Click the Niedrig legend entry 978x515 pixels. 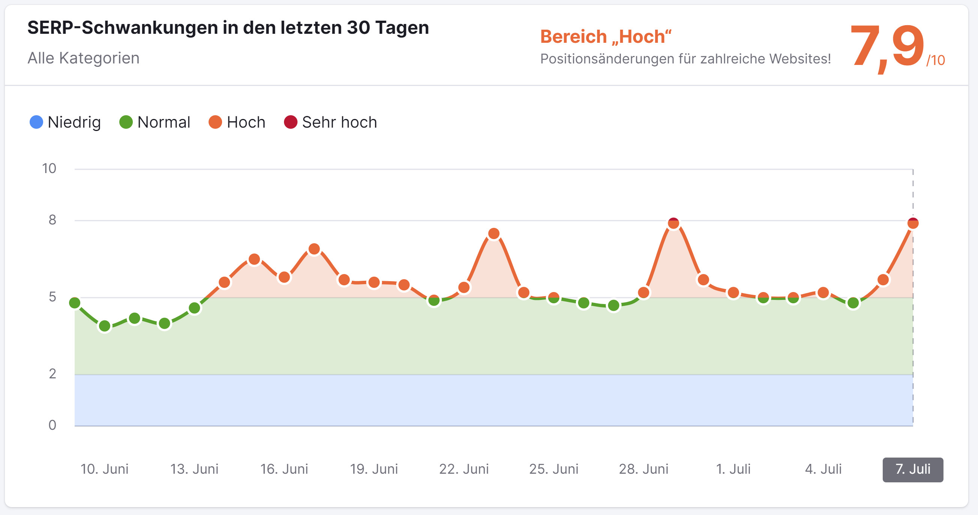tap(65, 122)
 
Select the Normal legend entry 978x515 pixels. tap(155, 122)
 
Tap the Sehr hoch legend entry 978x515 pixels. tap(331, 122)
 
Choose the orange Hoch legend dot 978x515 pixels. tap(215, 122)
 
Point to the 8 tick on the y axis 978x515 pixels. tap(53, 220)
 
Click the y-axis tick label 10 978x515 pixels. tap(49, 169)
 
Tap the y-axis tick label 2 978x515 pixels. tap(53, 374)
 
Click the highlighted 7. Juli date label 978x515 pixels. tap(913, 470)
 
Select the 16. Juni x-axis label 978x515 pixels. tap(284, 470)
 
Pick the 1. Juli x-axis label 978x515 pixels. tap(733, 470)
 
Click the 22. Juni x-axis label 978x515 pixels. tap(464, 470)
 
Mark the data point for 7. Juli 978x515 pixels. tap(913, 223)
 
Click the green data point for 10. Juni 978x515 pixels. tap(104, 326)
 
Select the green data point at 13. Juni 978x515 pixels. tap(194, 308)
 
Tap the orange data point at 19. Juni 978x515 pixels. tap(374, 283)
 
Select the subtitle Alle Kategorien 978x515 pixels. tap(84, 58)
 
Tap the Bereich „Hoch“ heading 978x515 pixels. tap(605, 37)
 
